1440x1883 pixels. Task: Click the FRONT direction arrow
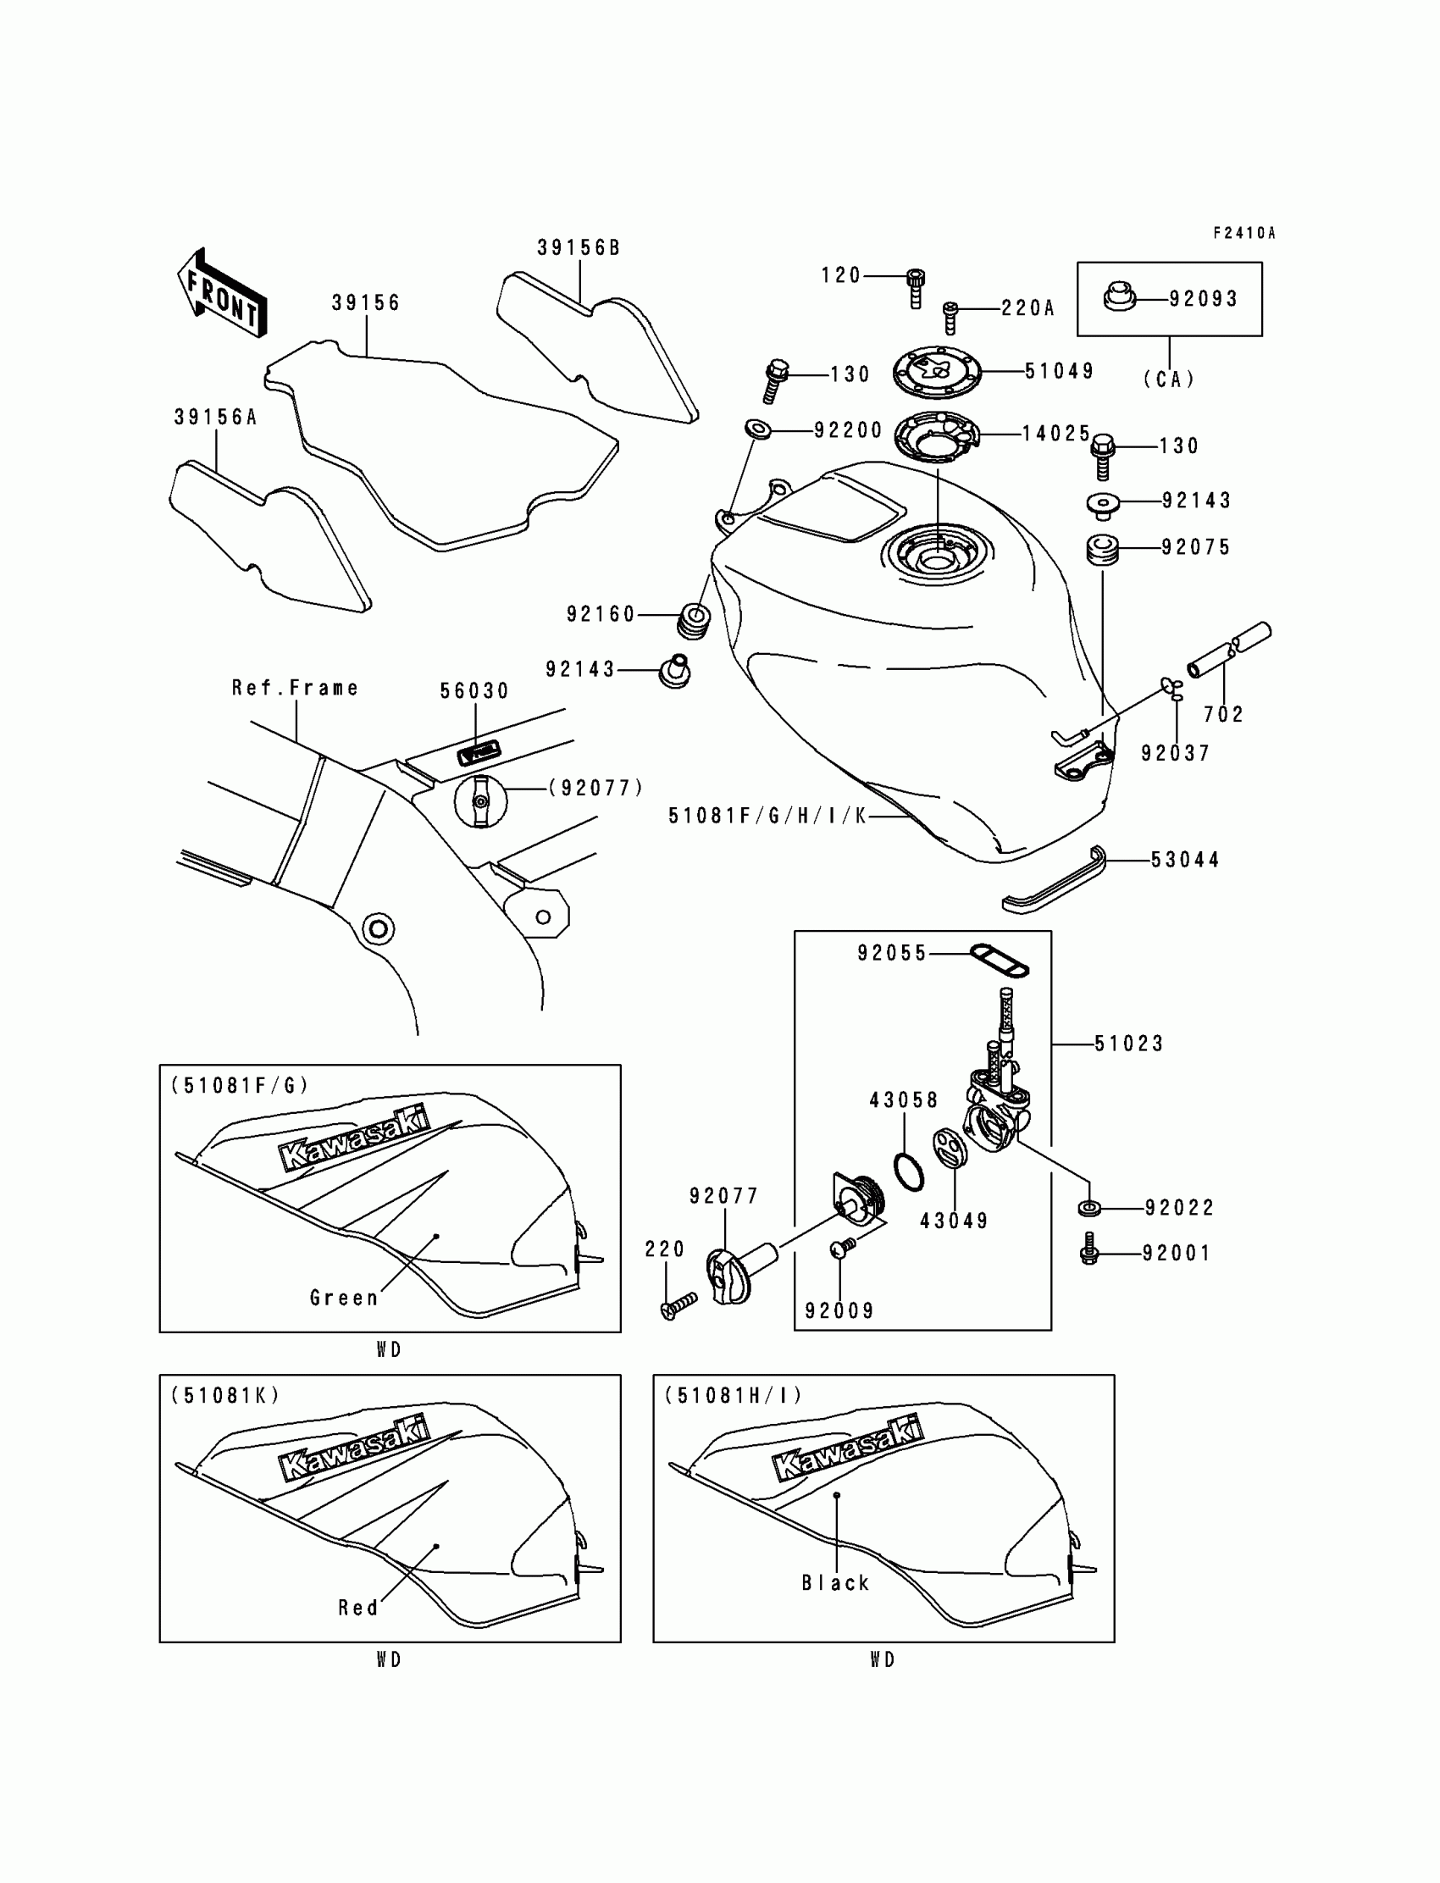coord(222,292)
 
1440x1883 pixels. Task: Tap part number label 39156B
coord(579,247)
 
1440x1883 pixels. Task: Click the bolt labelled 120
coord(916,287)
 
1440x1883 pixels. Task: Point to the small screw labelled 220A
coord(950,316)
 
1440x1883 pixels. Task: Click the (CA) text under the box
coord(1169,379)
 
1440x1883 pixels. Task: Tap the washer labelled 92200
coord(758,429)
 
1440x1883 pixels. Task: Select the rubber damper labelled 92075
coord(1102,550)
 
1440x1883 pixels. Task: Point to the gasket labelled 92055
coord(999,959)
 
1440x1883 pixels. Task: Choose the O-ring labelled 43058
coord(909,1171)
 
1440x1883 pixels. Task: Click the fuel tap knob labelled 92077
coord(728,1275)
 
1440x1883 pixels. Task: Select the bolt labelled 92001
coord(1090,1252)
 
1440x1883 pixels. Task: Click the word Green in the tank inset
coord(344,1298)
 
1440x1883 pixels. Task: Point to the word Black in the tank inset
coord(836,1582)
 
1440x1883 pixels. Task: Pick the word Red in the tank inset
coord(358,1607)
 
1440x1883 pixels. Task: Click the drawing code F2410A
coord(1243,233)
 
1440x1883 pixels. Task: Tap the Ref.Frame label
coord(295,687)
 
